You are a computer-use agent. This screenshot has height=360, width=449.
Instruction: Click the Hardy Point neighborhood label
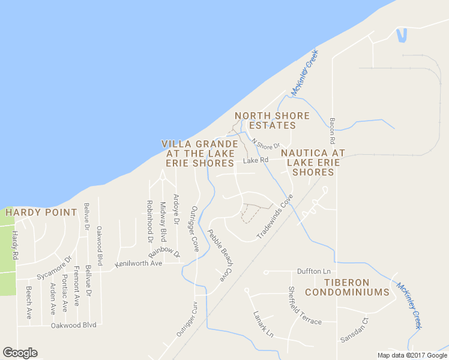click(x=41, y=212)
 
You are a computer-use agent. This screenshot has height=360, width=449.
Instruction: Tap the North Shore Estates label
click(x=273, y=121)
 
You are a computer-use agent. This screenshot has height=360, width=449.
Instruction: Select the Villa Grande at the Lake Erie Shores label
click(x=199, y=154)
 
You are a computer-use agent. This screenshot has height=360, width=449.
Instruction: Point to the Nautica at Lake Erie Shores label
click(x=313, y=163)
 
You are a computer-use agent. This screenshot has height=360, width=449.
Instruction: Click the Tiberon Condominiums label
click(x=348, y=287)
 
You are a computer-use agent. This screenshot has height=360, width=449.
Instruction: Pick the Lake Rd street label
click(x=255, y=160)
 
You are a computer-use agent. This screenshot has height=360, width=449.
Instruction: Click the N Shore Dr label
click(x=266, y=144)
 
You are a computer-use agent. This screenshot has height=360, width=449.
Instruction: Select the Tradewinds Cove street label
click(x=275, y=217)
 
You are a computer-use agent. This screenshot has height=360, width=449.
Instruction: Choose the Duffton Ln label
click(x=310, y=271)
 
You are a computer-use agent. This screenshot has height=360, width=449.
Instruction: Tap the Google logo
click(x=20, y=353)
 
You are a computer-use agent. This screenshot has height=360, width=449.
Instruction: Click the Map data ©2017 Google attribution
click(x=412, y=355)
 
